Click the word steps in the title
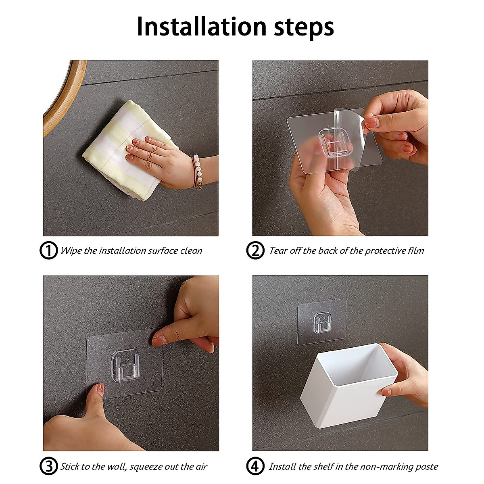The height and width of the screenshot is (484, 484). point(304,28)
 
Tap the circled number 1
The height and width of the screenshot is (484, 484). point(48,250)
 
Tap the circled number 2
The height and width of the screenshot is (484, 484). point(255,250)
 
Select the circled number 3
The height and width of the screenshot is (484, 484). point(48,466)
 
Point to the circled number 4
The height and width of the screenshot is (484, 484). point(255,466)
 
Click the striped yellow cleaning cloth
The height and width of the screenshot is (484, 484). point(125,151)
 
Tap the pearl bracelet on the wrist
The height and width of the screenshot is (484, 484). point(197,172)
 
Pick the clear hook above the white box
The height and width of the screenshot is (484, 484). point(322,323)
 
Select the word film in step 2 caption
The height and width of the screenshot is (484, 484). point(416,250)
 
